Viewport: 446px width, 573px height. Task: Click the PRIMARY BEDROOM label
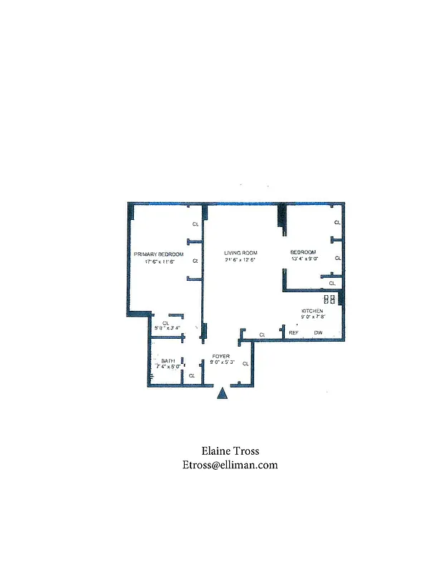click(159, 254)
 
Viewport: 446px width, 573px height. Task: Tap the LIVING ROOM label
click(240, 253)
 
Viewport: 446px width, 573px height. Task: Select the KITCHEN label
click(311, 310)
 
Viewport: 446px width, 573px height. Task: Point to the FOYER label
click(220, 356)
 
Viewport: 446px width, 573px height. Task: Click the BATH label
click(168, 360)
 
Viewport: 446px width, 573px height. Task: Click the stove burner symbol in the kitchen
click(330, 299)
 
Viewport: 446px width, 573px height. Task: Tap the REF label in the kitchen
click(294, 333)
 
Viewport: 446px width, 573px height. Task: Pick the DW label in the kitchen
click(318, 333)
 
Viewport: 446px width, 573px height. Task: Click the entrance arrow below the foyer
click(222, 393)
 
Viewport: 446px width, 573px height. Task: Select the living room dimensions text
click(240, 260)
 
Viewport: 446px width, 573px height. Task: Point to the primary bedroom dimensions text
click(159, 261)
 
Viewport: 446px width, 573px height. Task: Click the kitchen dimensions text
click(313, 317)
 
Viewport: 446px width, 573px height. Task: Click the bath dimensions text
click(168, 367)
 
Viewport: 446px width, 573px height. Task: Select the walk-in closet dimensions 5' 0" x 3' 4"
click(167, 328)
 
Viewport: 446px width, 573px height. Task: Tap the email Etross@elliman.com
click(230, 465)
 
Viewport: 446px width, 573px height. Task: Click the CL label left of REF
click(262, 334)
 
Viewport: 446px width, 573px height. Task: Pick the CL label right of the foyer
click(246, 364)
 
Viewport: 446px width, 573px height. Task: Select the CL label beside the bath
click(191, 375)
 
